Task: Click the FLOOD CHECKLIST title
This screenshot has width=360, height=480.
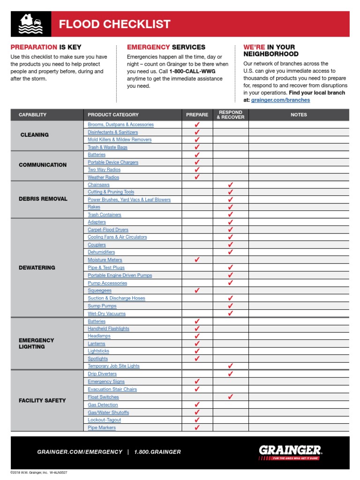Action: click(114, 24)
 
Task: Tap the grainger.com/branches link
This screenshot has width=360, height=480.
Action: click(280, 100)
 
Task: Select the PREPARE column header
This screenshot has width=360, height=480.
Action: click(197, 115)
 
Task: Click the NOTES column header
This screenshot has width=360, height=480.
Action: click(299, 115)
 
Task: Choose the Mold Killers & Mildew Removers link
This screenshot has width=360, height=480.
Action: click(120, 140)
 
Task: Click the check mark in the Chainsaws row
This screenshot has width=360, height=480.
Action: click(230, 185)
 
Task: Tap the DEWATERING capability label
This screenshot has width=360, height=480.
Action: click(37, 268)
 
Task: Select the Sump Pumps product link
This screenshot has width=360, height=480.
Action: click(102, 306)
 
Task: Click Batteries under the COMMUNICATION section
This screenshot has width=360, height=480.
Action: click(97, 155)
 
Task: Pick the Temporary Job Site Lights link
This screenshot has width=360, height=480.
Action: click(113, 366)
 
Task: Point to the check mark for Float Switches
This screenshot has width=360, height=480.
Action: click(230, 397)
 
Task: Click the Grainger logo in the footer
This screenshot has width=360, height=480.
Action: click(290, 452)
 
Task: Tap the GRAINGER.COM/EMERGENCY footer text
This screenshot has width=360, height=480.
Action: click(80, 452)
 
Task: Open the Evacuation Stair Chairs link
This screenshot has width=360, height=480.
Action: click(112, 389)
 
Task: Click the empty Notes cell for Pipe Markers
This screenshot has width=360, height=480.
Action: click(299, 427)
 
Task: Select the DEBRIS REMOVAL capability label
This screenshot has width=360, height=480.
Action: click(43, 199)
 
